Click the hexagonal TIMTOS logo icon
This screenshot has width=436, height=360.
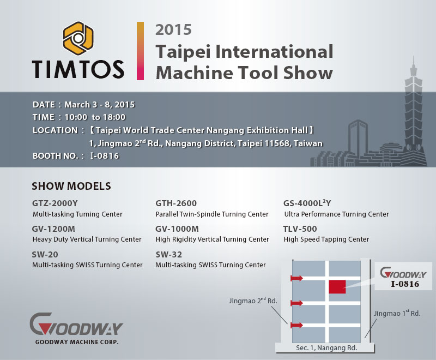click(x=78, y=38)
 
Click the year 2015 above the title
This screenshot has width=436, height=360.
click(x=173, y=30)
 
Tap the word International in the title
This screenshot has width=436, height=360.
click(x=274, y=52)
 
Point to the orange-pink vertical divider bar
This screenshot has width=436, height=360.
click(x=140, y=51)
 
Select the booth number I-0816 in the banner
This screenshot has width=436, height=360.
click(x=105, y=156)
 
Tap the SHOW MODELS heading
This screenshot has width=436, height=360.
click(x=71, y=186)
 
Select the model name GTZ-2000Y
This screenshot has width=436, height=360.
click(x=55, y=203)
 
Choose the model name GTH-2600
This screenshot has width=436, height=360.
click(x=176, y=203)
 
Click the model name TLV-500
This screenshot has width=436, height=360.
click(x=300, y=229)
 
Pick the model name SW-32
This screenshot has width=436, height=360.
click(x=169, y=255)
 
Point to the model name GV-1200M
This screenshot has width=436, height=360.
click(x=53, y=229)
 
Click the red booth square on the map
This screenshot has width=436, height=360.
click(x=337, y=287)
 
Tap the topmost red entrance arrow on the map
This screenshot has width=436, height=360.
click(x=296, y=278)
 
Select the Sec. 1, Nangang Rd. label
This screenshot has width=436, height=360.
click(x=326, y=348)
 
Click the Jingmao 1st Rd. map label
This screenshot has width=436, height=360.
click(x=397, y=313)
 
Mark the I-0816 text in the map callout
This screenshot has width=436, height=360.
click(x=405, y=284)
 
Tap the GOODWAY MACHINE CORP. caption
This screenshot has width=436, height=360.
click(x=77, y=342)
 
